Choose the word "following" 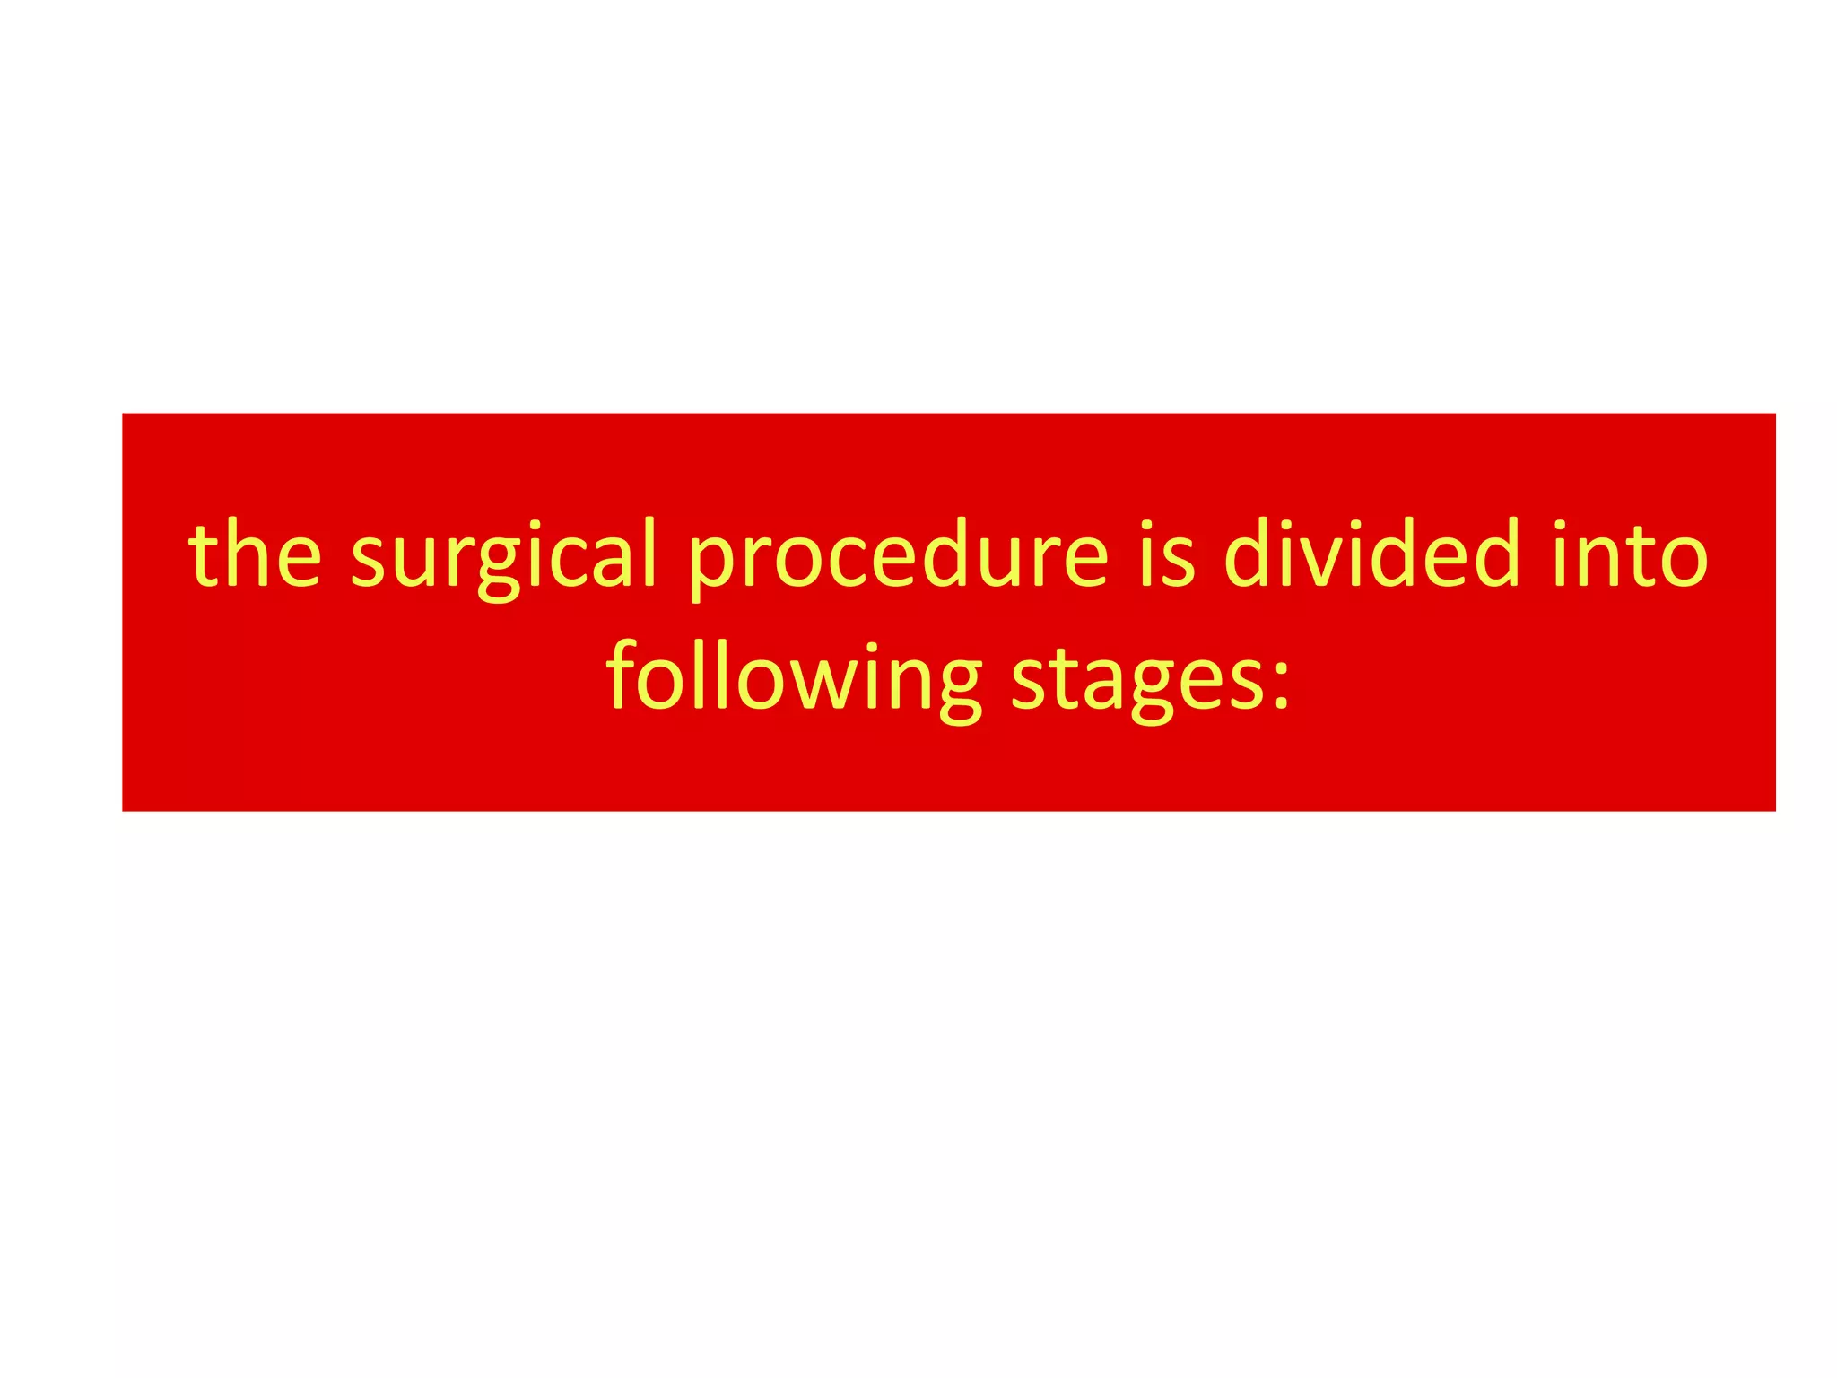pos(795,677)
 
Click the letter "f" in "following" pos(622,673)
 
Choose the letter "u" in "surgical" pos(413,561)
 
